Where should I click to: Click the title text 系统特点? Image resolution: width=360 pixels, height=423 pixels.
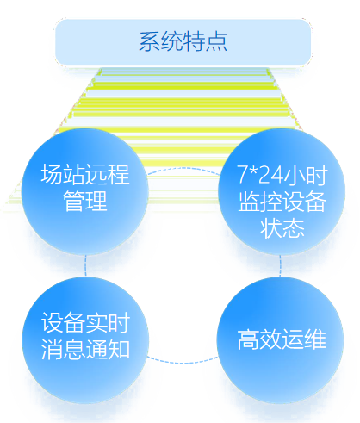point(183,42)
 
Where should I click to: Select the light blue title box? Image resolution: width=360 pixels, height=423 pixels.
point(183,42)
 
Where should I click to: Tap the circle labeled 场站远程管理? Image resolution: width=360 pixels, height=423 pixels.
point(85,191)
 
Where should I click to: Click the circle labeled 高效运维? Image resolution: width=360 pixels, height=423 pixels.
point(280,340)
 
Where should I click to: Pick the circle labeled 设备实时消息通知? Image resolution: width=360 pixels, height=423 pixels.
point(85,340)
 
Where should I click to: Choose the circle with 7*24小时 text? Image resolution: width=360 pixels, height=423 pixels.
point(282,191)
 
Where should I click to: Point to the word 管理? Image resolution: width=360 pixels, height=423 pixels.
point(85,201)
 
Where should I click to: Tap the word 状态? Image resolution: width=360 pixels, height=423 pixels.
point(282,228)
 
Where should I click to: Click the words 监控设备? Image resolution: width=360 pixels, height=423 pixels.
point(282,202)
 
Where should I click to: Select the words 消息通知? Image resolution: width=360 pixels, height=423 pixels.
point(85,349)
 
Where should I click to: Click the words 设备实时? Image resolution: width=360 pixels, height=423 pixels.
point(85,322)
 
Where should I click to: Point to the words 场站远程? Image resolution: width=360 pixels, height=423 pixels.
point(85,174)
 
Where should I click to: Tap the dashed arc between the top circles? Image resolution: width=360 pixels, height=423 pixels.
point(183,168)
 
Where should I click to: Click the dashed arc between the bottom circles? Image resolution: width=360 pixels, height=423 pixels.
point(183,363)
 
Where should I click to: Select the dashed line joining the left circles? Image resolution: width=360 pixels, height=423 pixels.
point(85,266)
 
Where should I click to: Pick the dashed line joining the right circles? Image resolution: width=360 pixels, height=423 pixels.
point(281,266)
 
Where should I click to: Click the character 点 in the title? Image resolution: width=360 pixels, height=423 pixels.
point(216,42)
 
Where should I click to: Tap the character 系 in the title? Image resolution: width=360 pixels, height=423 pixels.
point(150,42)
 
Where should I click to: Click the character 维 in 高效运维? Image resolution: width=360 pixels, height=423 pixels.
point(315,339)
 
